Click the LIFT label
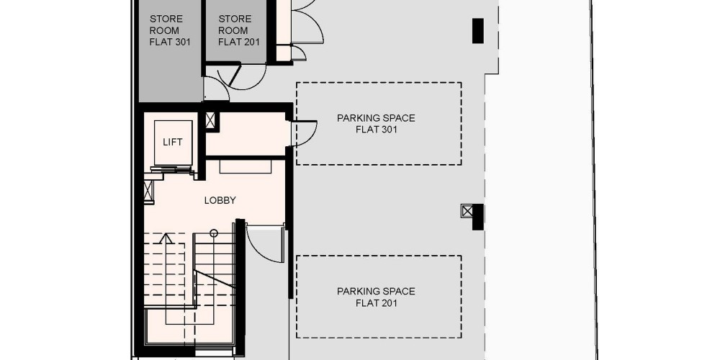[173, 143]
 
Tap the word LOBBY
[220, 201]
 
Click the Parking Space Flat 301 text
[376, 124]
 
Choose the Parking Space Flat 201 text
[376, 297]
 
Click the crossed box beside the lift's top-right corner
[210, 120]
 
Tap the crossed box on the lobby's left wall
[148, 191]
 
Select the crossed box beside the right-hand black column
[467, 211]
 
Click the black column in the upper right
[478, 31]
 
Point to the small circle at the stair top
[214, 233]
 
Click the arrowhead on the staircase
[166, 238]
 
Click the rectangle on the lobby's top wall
[246, 167]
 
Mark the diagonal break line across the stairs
[215, 279]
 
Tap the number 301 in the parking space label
[388, 130]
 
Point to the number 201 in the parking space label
[388, 303]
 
